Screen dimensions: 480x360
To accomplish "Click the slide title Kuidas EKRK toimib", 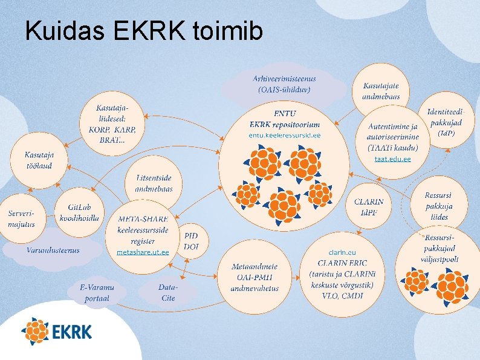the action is [144, 31].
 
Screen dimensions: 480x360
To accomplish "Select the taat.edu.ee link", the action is [392, 159].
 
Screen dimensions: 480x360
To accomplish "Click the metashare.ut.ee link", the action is [143, 252].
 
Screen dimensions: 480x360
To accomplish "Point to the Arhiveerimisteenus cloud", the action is [284, 85].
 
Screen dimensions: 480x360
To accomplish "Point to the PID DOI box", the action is [192, 241].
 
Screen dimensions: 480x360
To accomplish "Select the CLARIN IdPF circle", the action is [369, 206].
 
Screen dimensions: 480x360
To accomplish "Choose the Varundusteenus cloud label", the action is [53, 250].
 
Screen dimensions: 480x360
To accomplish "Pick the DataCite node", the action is [167, 292].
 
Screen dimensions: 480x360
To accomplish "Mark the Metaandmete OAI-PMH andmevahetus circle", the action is [255, 277].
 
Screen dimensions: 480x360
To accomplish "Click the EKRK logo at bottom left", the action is [57, 332].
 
